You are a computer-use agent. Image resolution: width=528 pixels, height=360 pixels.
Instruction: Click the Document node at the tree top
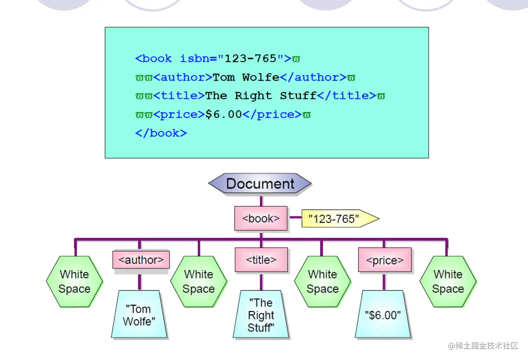[260, 184]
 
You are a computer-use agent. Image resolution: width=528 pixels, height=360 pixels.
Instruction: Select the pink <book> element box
[261, 219]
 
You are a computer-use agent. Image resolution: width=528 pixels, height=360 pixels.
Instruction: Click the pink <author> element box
[141, 260]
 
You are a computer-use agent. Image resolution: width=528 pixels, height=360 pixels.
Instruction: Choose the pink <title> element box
[261, 260]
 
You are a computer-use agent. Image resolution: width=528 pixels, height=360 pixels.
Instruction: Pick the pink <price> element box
[384, 260]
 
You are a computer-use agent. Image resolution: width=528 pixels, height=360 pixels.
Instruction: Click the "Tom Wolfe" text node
[139, 315]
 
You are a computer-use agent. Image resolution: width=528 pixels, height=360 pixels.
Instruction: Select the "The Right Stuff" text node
[261, 315]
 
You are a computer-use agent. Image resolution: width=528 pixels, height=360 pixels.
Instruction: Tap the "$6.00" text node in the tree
[383, 315]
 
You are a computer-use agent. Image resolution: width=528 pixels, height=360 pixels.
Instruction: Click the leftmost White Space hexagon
[74, 282]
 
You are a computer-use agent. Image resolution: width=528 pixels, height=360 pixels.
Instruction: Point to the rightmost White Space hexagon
[448, 282]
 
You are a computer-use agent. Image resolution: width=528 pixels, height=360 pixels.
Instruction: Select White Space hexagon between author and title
[198, 282]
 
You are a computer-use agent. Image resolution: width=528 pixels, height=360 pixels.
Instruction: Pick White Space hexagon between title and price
[323, 282]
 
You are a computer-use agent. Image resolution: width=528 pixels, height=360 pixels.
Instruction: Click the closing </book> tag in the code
[161, 133]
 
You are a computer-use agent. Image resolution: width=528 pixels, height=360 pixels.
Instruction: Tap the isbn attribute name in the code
[194, 59]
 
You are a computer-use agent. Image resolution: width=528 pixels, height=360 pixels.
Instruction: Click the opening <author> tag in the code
[183, 78]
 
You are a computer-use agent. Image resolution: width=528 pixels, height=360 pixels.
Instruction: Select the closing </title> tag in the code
[346, 96]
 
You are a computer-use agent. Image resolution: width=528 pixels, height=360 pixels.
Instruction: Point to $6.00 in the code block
[223, 115]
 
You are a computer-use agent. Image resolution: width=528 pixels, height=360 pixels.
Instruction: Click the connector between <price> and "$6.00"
[384, 282]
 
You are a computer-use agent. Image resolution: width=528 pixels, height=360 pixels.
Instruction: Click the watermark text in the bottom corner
[482, 346]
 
